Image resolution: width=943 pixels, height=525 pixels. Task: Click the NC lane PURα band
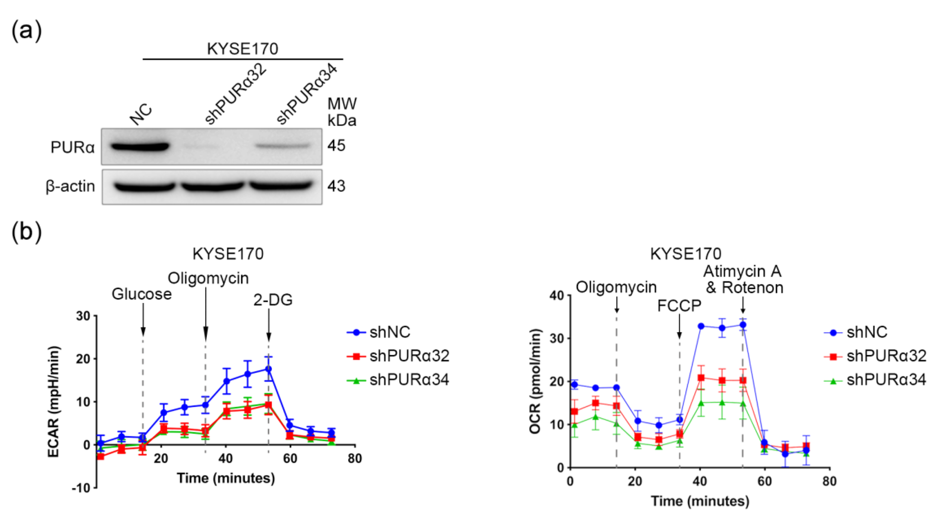click(140, 147)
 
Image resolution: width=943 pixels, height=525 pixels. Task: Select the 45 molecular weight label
click(336, 146)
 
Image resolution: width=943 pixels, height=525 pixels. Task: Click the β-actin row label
click(70, 186)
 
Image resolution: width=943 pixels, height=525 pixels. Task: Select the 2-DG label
click(273, 300)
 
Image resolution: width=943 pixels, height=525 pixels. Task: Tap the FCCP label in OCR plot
click(679, 306)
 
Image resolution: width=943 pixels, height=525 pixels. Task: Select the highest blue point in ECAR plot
click(268, 369)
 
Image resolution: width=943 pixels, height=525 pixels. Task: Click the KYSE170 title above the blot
click(242, 49)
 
